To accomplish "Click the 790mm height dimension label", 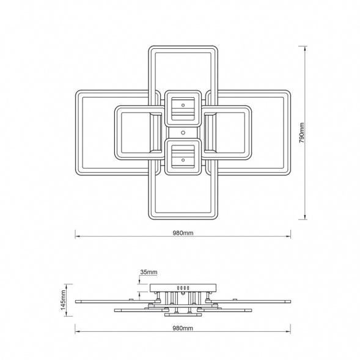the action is (302, 133).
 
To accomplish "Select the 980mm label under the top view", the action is (183, 233).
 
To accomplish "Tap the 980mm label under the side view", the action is (183, 328).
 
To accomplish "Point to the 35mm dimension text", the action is (149, 273).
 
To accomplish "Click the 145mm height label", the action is (64, 299).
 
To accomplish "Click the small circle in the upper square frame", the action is (183, 105).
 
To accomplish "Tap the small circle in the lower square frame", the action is (183, 160).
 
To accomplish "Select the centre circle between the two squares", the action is (183, 133).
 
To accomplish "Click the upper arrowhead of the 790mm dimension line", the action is (305, 49).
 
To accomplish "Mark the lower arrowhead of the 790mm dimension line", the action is (305, 216).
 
